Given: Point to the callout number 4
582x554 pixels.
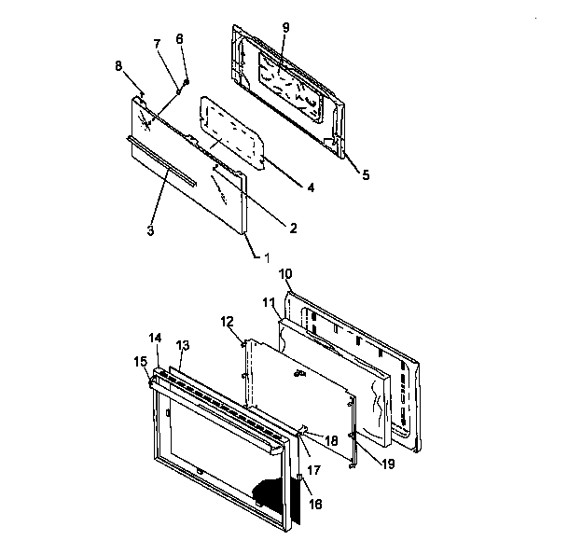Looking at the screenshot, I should coord(309,187).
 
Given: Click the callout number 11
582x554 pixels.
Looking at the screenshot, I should coord(268,303).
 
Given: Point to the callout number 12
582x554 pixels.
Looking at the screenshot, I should coord(228,322).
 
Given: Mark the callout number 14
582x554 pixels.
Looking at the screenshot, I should coord(155,337).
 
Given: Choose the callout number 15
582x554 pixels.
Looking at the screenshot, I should coord(139,359).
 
